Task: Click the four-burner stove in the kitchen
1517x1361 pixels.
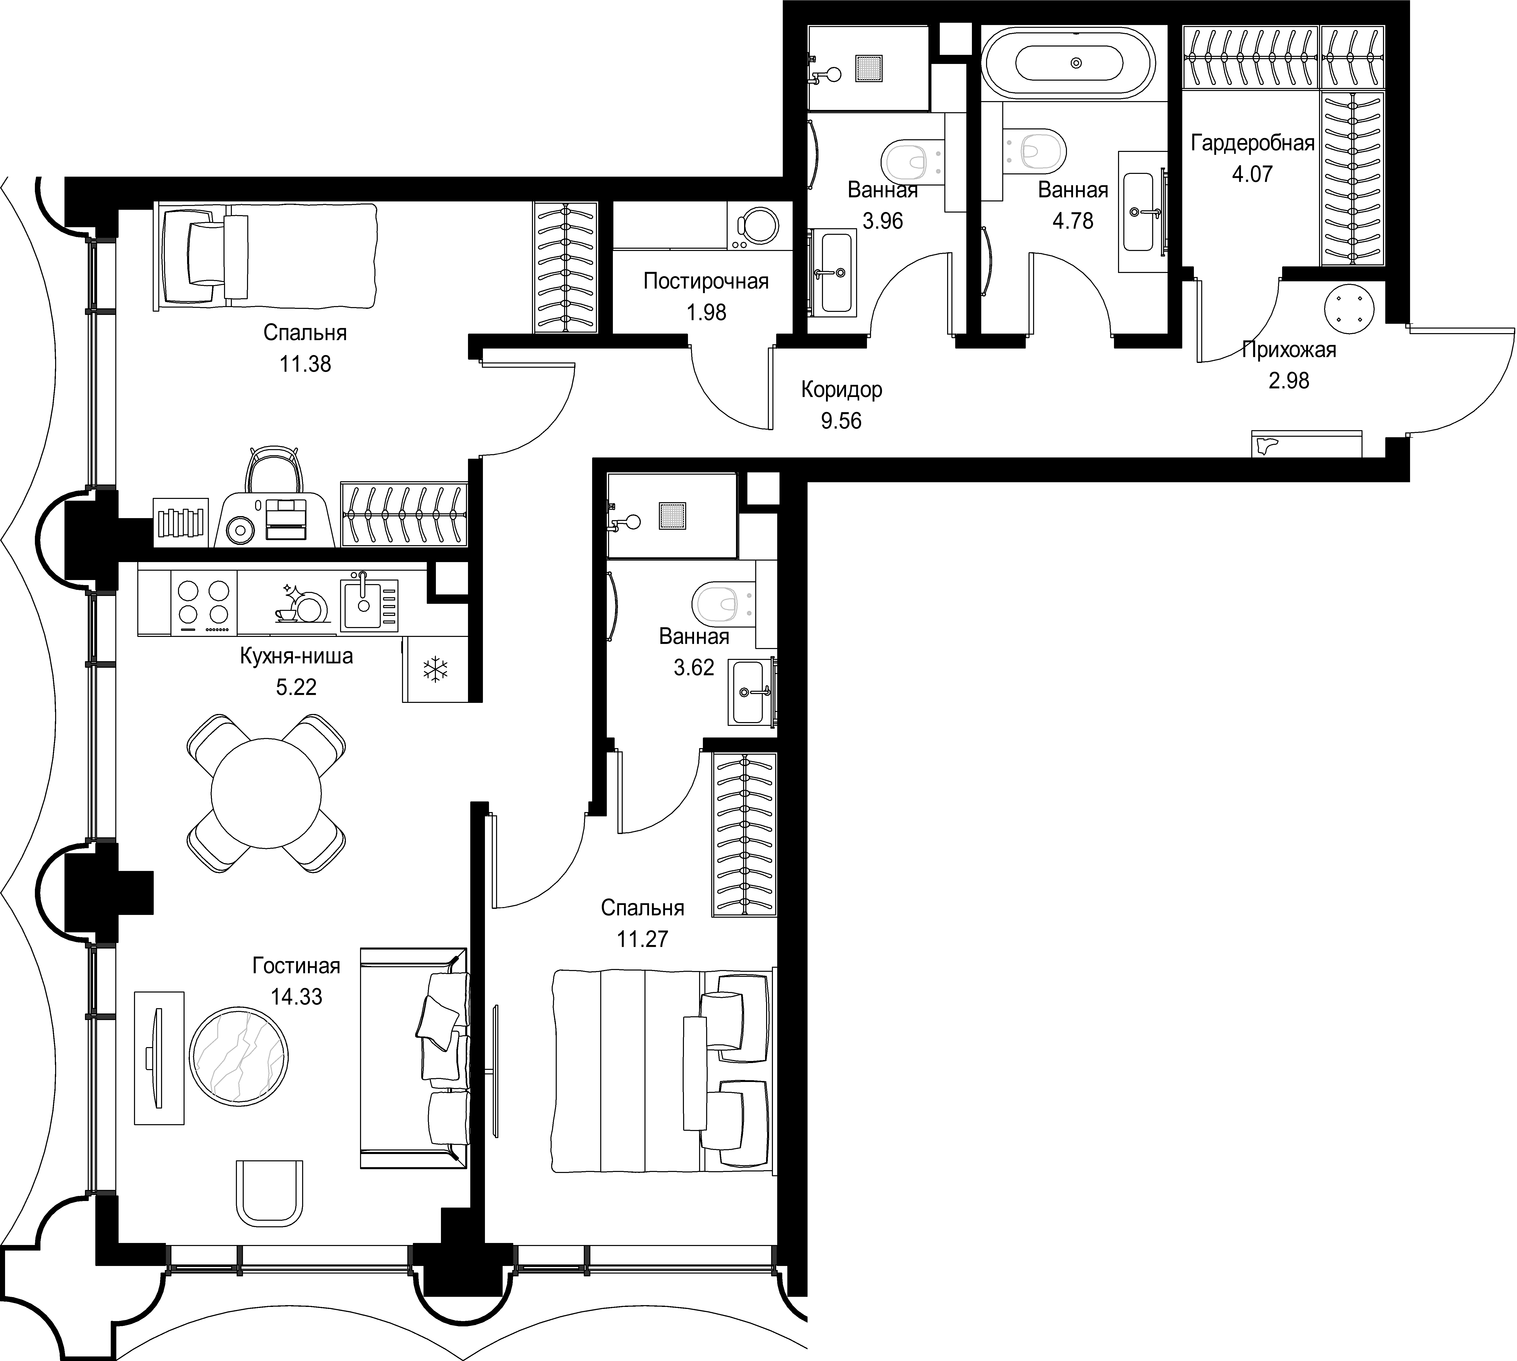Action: pos(204,603)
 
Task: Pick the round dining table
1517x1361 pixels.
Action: pos(266,793)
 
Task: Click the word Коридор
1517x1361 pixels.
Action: pos(841,390)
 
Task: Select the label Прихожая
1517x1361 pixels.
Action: pos(1289,349)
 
